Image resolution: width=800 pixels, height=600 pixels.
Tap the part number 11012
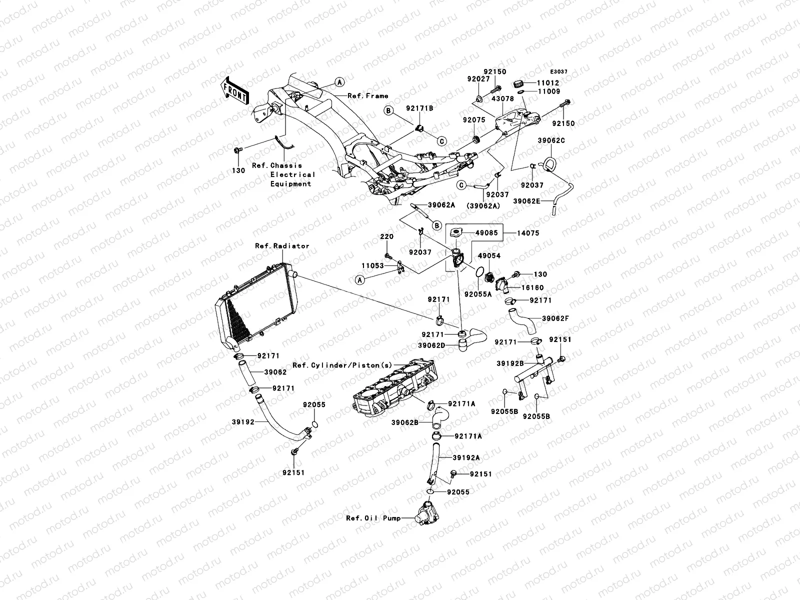[548, 83]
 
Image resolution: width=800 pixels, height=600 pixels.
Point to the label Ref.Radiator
[282, 246]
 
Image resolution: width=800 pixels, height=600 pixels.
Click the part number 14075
[528, 233]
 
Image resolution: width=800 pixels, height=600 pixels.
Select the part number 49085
[486, 233]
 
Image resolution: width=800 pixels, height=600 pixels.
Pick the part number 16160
[532, 287]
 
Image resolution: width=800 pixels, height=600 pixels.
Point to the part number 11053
[372, 265]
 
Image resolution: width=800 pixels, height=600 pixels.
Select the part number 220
[386, 236]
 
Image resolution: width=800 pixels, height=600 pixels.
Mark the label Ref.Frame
[367, 96]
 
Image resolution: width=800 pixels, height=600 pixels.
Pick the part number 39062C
[551, 140]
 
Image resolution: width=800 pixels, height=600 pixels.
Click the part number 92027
[478, 78]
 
